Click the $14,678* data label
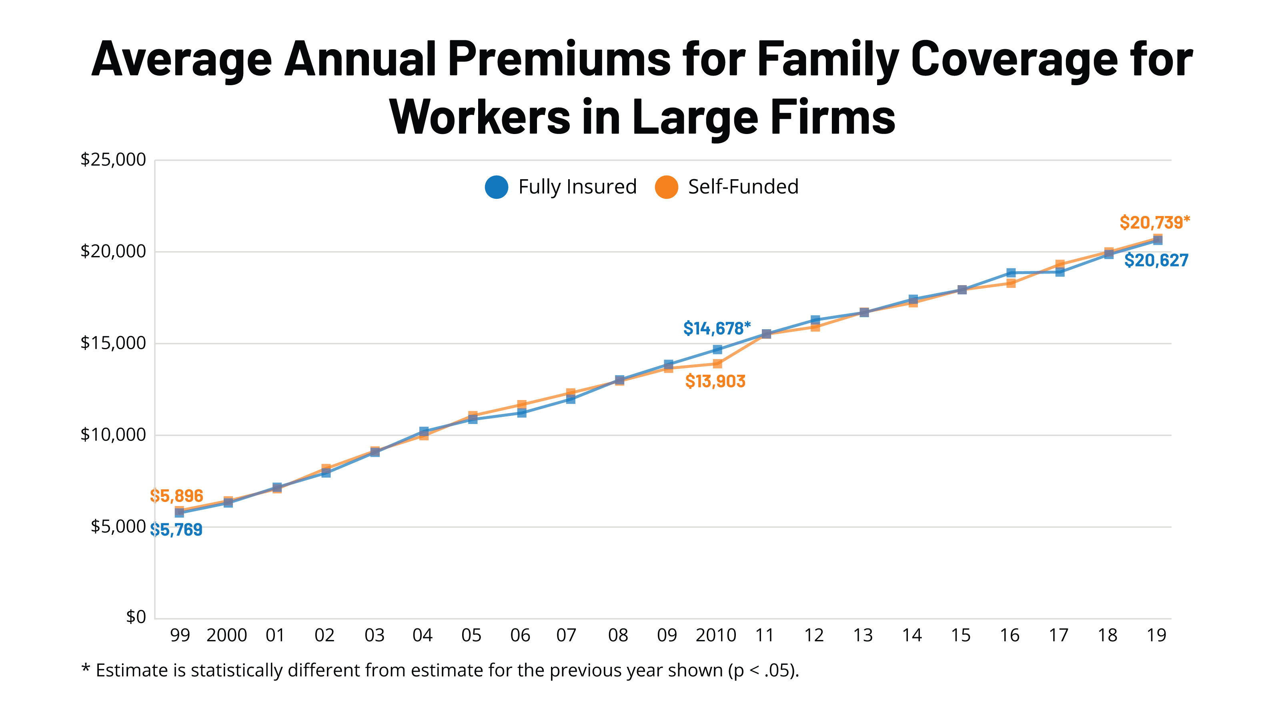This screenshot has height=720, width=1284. point(716,328)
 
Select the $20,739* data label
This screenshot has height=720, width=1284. point(1154,222)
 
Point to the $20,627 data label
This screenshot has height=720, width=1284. point(1156,260)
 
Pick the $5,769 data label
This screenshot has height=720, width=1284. point(176,530)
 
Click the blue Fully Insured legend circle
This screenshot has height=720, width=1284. point(497,187)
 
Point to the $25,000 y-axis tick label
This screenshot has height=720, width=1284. point(113,160)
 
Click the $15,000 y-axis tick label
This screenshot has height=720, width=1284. point(113,343)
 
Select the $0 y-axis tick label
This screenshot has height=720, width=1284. point(136,617)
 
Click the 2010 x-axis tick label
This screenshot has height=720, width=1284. point(716,635)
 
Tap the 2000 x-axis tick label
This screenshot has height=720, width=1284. point(227,635)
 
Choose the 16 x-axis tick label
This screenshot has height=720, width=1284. point(1010,635)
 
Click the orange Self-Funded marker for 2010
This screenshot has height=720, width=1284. point(717,364)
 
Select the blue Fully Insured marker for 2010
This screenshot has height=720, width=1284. point(717,349)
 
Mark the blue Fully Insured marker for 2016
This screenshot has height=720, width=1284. point(1011,272)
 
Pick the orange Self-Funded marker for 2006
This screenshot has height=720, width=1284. point(521,404)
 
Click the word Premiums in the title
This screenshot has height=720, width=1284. point(559,59)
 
